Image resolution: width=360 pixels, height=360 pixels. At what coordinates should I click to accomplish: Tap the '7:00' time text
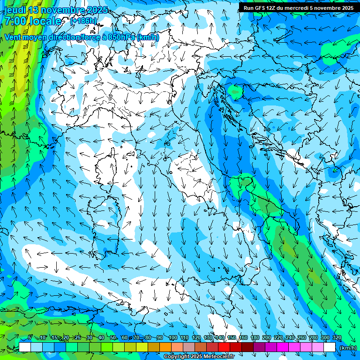coord(15,21)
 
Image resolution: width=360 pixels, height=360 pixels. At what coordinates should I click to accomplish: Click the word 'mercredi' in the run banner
coord(300,8)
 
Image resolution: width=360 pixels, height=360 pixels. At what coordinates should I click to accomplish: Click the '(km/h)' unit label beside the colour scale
coord(348,347)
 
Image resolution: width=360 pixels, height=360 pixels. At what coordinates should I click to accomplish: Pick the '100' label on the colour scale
coord(172,338)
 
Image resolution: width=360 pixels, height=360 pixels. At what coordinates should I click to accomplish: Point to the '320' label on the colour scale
coord(337,338)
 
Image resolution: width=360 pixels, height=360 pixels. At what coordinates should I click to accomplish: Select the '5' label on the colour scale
coord(30,338)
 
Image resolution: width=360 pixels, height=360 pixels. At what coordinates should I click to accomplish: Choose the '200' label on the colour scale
coord(267,338)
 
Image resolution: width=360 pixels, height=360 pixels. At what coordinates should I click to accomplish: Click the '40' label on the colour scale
coord(101,338)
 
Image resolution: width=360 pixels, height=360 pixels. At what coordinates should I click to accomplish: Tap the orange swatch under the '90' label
coord(165,347)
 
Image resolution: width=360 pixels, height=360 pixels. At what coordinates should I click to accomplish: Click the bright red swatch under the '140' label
coord(224,347)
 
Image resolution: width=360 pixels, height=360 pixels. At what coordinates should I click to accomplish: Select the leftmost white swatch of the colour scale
coord(25,347)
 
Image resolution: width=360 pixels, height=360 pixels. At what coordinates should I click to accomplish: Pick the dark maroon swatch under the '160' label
coord(247,347)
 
